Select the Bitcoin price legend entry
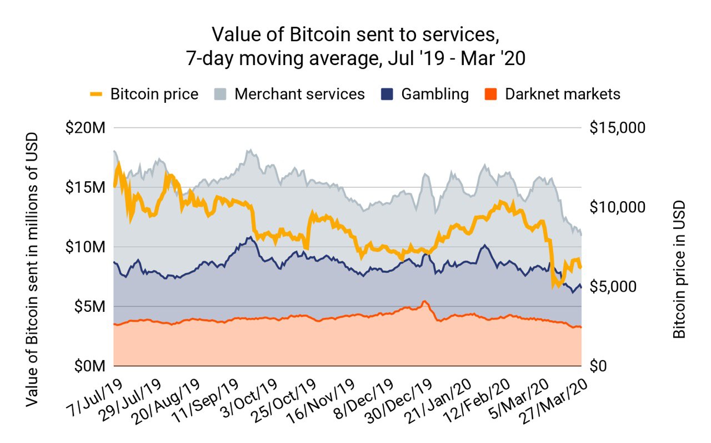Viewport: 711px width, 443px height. (x=144, y=94)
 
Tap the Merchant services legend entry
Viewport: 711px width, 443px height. (x=289, y=94)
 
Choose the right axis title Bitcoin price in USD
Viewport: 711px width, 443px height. (x=679, y=270)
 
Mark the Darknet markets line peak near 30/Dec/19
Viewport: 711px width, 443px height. (x=424, y=301)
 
